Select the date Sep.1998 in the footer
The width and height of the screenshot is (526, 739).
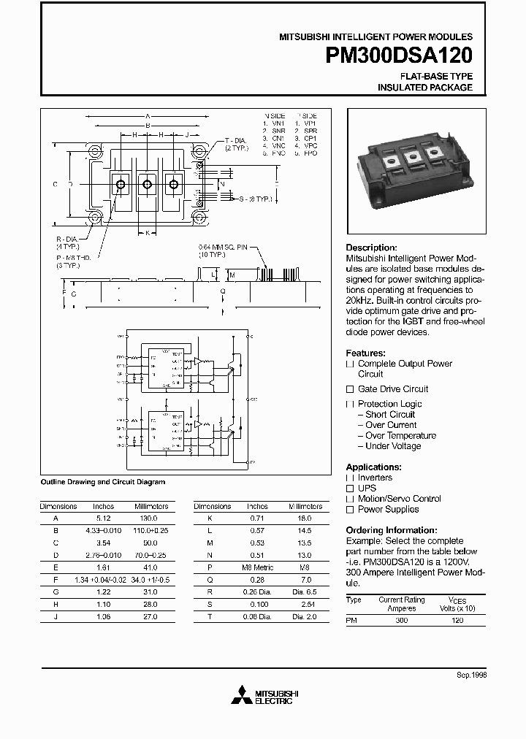(472, 675)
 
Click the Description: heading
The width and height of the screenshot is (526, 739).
(371, 248)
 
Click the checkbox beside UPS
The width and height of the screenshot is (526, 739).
(350, 488)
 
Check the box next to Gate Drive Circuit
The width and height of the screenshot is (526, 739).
(350, 389)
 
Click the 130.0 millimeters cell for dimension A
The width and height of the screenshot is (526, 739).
(151, 518)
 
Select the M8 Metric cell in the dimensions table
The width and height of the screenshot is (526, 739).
(256, 566)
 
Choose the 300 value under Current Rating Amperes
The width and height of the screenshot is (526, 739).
(401, 619)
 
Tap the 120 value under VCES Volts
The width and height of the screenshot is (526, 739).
(457, 619)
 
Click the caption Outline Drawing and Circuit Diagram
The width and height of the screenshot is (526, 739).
(102, 482)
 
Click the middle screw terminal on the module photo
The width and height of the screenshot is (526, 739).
(411, 156)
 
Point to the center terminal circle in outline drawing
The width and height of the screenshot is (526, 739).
(147, 185)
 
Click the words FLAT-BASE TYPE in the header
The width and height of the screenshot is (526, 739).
(435, 76)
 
